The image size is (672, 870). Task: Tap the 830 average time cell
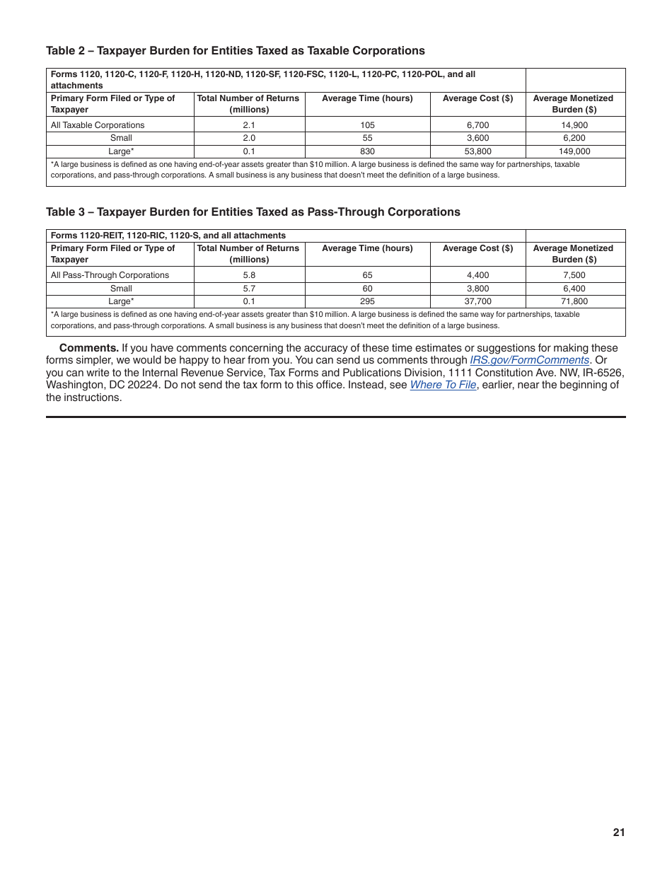[x=367, y=151]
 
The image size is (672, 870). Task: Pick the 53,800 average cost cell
[x=477, y=151]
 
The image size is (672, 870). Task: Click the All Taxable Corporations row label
[x=98, y=124]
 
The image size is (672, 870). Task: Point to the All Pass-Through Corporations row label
[x=110, y=274]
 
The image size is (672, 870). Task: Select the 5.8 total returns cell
[x=249, y=274]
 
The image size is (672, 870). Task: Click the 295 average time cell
[x=367, y=301]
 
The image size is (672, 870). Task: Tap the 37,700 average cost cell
[x=477, y=301]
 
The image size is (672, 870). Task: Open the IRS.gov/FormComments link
[x=529, y=360]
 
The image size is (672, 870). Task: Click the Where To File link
[x=443, y=385]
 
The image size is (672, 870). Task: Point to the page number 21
[x=619, y=833]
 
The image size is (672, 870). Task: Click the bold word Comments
[x=88, y=347]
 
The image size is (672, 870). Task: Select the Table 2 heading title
[x=236, y=50]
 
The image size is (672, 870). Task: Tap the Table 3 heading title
[x=253, y=211]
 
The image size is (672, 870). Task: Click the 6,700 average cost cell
[x=477, y=124]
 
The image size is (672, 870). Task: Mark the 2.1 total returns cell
[x=249, y=124]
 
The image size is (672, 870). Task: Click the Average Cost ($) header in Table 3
[x=477, y=248]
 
